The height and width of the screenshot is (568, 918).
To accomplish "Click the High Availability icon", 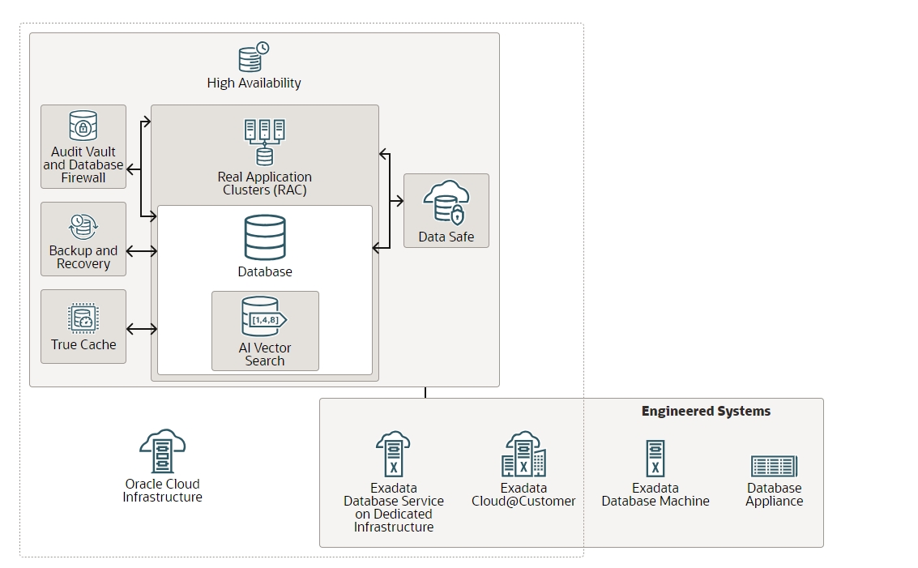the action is point(254,57).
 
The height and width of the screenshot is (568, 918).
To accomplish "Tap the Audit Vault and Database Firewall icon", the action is point(83,126).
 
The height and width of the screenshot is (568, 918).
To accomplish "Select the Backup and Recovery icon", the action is point(83,227).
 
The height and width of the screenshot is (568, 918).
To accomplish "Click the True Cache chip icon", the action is point(83,318).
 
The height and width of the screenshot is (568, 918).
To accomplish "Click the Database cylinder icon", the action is point(265,237).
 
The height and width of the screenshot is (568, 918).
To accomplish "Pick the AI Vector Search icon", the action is point(264,317).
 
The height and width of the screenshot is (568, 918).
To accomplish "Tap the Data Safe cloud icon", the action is point(446,203).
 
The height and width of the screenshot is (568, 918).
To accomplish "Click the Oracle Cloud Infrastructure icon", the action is point(162,451).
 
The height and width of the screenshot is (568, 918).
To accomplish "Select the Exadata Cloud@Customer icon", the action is point(523,455).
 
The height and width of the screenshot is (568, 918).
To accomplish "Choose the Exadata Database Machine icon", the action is point(655,459).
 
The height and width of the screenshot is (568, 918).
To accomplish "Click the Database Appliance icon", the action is point(774,466).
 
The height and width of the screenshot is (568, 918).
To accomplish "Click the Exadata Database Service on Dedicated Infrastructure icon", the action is point(393,455).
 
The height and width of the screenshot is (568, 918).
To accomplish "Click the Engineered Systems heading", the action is point(706,411).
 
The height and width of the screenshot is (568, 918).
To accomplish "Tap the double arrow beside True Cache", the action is point(142,329).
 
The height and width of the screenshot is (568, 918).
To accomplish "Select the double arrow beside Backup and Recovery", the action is point(142,251).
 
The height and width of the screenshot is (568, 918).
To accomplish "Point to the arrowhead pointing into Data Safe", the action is point(400,201).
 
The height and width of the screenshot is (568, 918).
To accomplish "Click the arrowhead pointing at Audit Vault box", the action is point(130,170).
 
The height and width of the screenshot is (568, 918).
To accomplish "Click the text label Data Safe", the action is point(446,237).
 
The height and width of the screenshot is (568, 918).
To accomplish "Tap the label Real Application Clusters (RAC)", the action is point(265,183).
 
